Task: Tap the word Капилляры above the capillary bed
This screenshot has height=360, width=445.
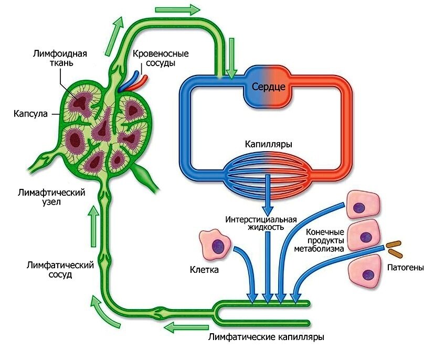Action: pyautogui.click(x=269, y=144)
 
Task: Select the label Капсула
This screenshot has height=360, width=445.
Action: pyautogui.click(x=30, y=114)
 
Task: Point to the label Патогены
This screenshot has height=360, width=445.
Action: pyautogui.click(x=406, y=268)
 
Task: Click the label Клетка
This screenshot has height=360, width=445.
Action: pyautogui.click(x=204, y=269)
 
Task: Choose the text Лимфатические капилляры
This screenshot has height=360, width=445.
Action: pyautogui.click(x=266, y=337)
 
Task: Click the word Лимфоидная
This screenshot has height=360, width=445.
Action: pyautogui.click(x=60, y=54)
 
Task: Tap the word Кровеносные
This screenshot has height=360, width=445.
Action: pyautogui.click(x=161, y=54)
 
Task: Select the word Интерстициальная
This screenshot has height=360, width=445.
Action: pyautogui.click(x=261, y=219)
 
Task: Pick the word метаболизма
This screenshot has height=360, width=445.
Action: pyautogui.click(x=319, y=249)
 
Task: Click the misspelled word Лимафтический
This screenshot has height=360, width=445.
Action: pyautogui.click(x=51, y=193)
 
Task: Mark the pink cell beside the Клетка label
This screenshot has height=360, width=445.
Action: pyautogui.click(x=215, y=245)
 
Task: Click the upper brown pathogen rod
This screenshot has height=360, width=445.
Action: pyautogui.click(x=394, y=243)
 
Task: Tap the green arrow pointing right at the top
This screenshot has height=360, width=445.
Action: pyautogui.click(x=178, y=10)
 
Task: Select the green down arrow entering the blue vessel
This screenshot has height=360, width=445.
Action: pyautogui.click(x=232, y=58)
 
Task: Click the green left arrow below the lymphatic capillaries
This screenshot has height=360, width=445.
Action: pyautogui.click(x=186, y=327)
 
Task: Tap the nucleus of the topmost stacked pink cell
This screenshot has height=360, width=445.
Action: pyautogui.click(x=359, y=207)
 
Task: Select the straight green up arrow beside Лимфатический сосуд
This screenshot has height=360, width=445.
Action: pyautogui.click(x=93, y=227)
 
